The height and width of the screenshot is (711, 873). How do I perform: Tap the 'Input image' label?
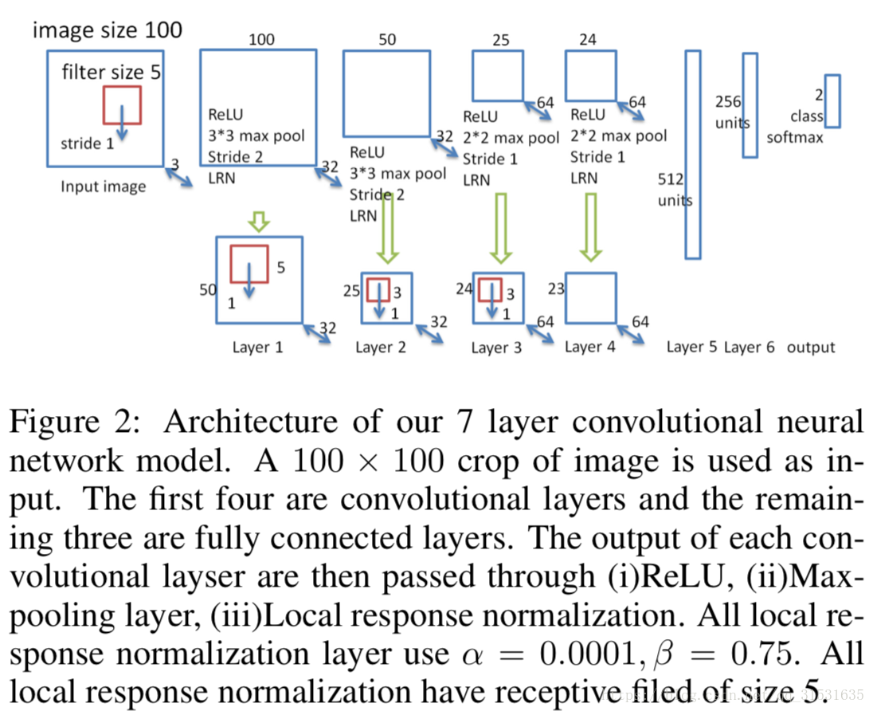104,186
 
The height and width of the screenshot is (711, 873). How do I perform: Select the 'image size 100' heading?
108,30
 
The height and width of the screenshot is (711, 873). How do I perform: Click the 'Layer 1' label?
258,348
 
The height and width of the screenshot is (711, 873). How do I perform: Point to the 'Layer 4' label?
590,348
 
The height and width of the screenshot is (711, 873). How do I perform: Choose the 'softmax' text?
794,137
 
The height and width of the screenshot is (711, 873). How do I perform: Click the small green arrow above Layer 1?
259,222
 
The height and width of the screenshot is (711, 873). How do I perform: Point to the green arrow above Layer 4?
591,227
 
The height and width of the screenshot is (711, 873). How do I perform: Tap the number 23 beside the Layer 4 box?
556,289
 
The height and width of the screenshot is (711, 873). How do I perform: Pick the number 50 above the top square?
387,40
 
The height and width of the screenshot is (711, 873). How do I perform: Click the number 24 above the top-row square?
588,40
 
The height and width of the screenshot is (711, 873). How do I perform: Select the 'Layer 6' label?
750,348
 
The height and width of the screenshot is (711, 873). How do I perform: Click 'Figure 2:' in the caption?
75,421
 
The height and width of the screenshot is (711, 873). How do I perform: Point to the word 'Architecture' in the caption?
251,421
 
